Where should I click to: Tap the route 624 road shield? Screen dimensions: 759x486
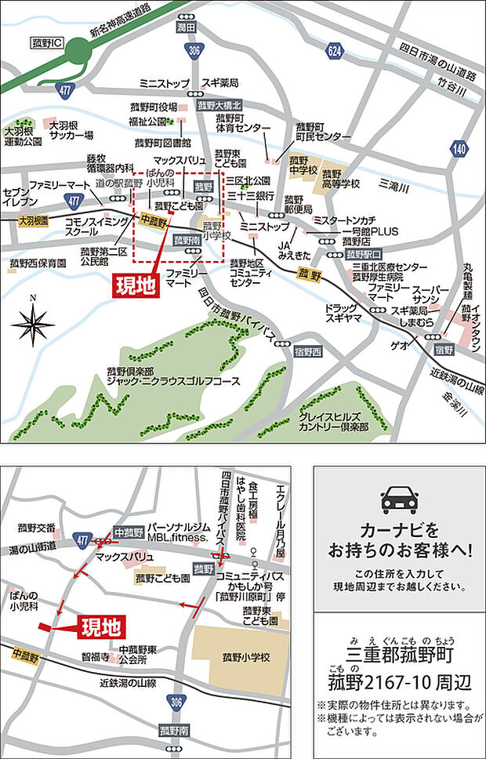335,51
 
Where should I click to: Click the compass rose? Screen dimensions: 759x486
33,322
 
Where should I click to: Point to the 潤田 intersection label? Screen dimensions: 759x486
185,27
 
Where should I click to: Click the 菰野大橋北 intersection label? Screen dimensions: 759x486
219,104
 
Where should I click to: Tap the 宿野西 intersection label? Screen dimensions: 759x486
309,353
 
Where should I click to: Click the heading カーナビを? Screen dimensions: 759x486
399,530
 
